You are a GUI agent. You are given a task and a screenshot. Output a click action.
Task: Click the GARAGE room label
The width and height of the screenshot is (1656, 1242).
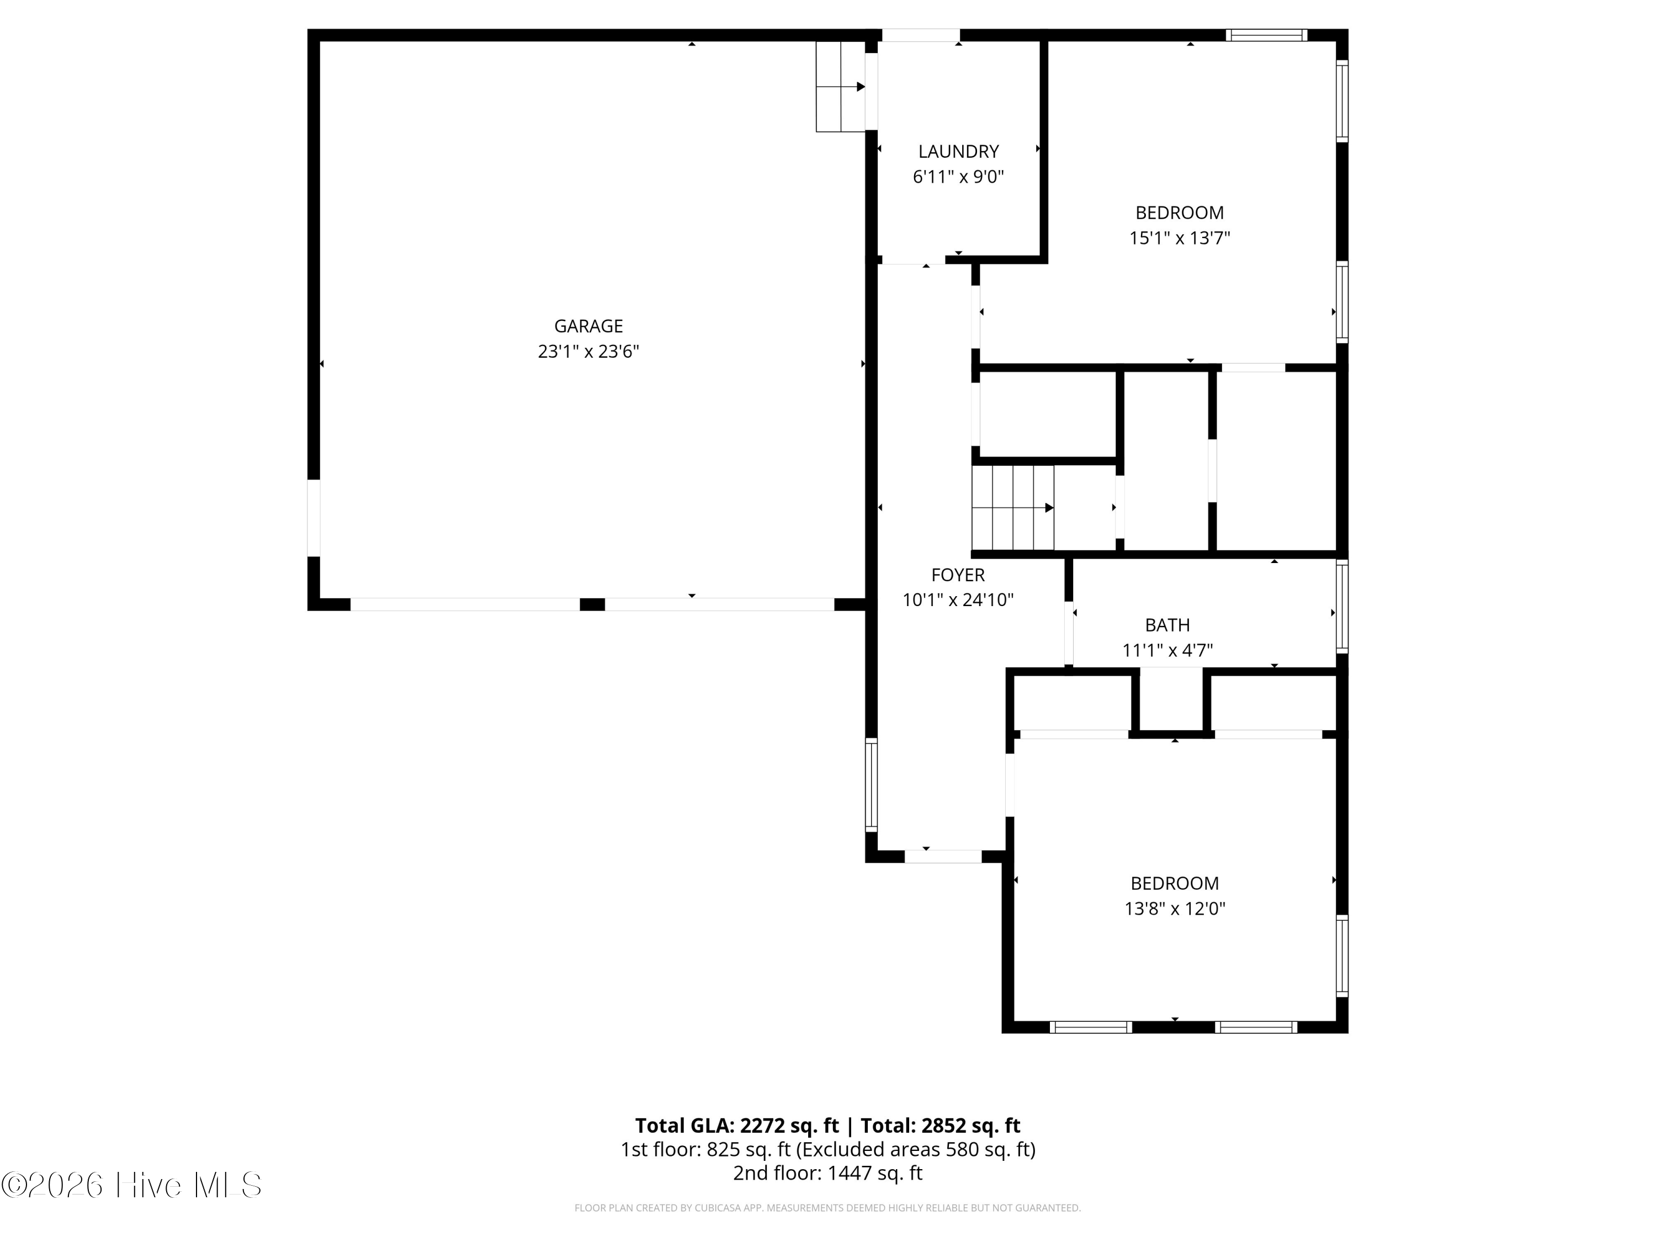pos(588,326)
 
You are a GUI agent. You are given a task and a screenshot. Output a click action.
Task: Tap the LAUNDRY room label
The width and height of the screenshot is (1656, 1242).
pos(958,152)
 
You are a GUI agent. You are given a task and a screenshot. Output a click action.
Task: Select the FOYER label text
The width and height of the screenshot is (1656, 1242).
pos(958,575)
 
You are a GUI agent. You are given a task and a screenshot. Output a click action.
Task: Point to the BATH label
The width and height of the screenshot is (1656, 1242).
pos(1167,625)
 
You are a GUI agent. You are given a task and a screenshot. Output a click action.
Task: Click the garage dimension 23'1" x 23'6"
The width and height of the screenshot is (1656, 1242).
pos(588,352)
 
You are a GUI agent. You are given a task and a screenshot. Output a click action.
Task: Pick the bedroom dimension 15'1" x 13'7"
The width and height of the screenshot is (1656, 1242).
pos(1180,238)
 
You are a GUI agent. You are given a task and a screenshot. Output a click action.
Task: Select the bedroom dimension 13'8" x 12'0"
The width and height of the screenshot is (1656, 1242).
pos(1175,909)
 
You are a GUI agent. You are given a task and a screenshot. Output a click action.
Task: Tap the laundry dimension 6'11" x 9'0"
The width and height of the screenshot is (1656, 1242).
pos(958,177)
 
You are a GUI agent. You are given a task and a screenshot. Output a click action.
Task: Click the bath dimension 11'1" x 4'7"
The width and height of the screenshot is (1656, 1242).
pos(1167,651)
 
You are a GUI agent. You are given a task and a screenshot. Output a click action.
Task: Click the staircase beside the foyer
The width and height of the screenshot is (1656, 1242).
pos(1013,508)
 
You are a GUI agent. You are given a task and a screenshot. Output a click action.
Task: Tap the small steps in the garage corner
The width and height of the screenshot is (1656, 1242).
pos(841,87)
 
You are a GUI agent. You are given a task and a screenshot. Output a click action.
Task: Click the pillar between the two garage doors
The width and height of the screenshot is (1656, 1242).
pos(592,604)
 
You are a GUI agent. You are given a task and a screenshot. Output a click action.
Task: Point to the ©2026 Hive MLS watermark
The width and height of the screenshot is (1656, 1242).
pos(132,1185)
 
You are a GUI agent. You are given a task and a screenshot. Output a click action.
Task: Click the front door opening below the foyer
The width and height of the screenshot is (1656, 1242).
pos(943,857)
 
